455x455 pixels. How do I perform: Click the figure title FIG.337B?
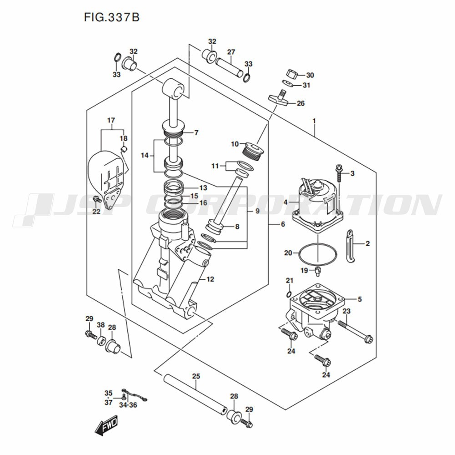coord(111,17)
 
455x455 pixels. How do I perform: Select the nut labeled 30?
coord(292,74)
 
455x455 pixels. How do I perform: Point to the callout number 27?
coord(231,51)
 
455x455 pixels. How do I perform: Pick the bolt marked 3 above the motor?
coord(339,173)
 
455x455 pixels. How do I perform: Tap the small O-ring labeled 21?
coord(290,294)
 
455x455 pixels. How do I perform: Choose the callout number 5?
coord(359,299)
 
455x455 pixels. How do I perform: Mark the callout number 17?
coord(111,120)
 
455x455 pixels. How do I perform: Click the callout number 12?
coord(210,279)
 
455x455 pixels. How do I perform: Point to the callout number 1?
coord(314,121)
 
